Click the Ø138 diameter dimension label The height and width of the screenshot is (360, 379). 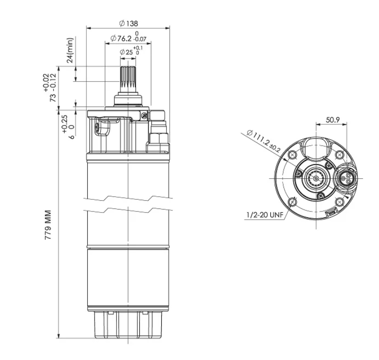(x=129, y=23)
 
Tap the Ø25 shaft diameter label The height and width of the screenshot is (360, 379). (x=126, y=52)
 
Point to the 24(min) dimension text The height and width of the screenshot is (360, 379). (x=70, y=50)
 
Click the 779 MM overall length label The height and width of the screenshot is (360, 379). (x=48, y=225)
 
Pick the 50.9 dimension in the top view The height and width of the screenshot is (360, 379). (x=333, y=120)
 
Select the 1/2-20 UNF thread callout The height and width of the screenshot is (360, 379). (x=265, y=215)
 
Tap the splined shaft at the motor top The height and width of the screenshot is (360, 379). (x=128, y=79)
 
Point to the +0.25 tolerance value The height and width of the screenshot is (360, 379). (x=65, y=124)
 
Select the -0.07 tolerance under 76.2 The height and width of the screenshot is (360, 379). (x=140, y=39)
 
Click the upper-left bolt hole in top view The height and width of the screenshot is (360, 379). (x=293, y=155)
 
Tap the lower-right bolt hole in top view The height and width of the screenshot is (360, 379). (x=340, y=202)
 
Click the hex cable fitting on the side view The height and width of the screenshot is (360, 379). (x=158, y=138)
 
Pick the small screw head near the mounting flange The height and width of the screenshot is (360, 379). (x=144, y=115)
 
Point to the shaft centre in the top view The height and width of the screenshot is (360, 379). (x=316, y=178)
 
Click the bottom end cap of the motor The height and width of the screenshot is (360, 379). (x=128, y=325)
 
